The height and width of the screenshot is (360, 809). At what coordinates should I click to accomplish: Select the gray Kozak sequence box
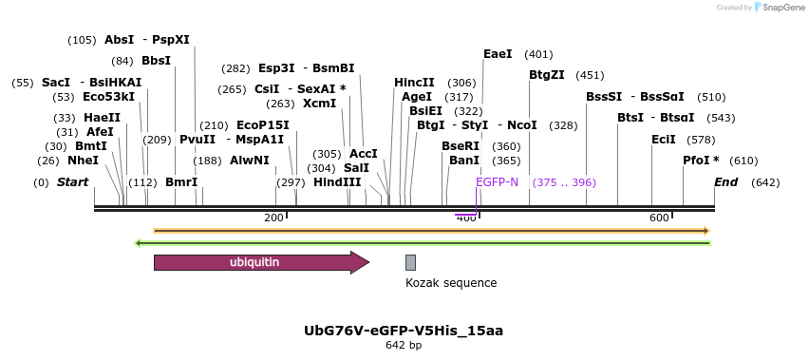pos(410,263)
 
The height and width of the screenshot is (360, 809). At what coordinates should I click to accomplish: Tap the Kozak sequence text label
pos(450,283)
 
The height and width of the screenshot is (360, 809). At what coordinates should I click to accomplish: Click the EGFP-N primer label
pos(497,182)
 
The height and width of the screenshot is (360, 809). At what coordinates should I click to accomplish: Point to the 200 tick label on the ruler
pos(273,218)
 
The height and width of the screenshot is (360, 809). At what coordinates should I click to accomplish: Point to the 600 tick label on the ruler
pos(659,218)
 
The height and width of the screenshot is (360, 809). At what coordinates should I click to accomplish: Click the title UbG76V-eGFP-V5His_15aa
pos(404,331)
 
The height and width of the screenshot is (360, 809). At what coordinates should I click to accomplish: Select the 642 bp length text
pos(404,346)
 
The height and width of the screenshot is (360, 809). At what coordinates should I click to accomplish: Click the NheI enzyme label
pos(83,161)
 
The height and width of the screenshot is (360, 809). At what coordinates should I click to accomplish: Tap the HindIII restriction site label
pos(337,182)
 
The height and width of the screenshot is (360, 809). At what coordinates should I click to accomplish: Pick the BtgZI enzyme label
pos(547,75)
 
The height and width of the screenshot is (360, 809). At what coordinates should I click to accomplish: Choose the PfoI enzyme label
pos(701,161)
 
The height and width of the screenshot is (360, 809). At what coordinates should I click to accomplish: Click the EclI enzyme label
pos(664,140)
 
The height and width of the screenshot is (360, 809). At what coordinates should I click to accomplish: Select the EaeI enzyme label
pos(498,54)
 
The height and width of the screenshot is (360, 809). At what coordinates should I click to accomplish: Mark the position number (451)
pos(590,75)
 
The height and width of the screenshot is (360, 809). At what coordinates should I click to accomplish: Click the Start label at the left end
pos(72,182)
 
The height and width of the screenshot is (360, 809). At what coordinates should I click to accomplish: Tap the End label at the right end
pos(725,182)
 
